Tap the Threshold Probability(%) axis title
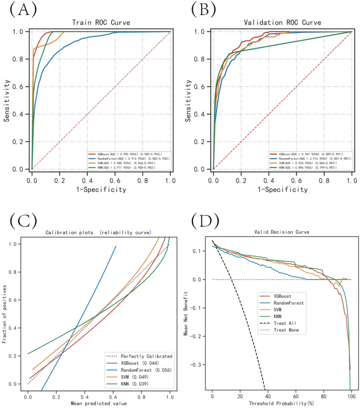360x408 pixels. [281, 404]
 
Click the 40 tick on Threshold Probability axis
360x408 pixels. [268, 396]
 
